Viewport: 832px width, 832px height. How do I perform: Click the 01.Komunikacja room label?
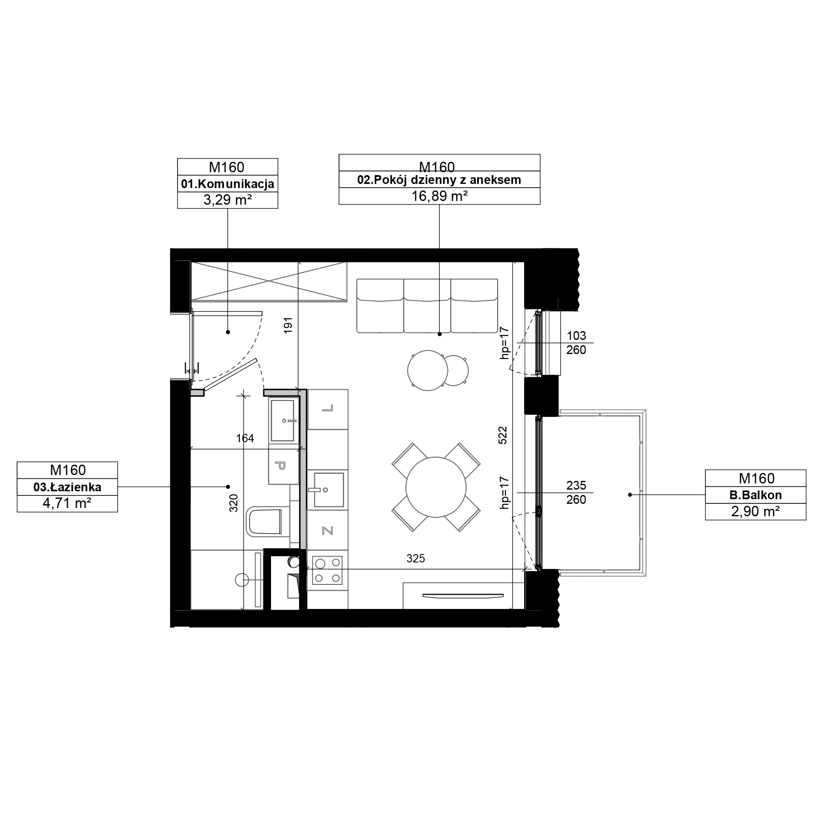pyautogui.click(x=228, y=184)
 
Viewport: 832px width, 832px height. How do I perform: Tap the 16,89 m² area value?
pyautogui.click(x=439, y=196)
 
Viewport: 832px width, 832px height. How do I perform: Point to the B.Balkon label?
pyautogui.click(x=755, y=495)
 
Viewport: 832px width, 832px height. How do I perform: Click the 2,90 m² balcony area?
pyautogui.click(x=755, y=512)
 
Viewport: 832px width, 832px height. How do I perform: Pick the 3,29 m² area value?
pyautogui.click(x=228, y=200)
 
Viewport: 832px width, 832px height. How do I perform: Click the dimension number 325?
pyautogui.click(x=416, y=559)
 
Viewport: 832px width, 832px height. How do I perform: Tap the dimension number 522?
pyautogui.click(x=503, y=435)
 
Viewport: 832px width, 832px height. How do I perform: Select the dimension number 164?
pyautogui.click(x=245, y=438)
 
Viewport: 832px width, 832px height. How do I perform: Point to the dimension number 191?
pyautogui.click(x=288, y=325)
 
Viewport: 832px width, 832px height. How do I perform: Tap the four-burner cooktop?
pyautogui.click(x=327, y=570)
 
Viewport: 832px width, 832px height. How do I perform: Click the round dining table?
pyautogui.click(x=436, y=487)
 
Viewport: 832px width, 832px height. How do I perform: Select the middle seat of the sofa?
pyautogui.click(x=427, y=306)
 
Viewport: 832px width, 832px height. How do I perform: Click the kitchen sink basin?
pyautogui.click(x=329, y=490)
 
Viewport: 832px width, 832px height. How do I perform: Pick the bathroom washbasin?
pyautogui.click(x=282, y=421)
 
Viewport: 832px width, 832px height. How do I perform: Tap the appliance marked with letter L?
pyautogui.click(x=328, y=409)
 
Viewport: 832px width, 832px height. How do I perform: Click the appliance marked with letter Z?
pyautogui.click(x=328, y=530)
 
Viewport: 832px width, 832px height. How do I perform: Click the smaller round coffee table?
pyautogui.click(x=454, y=370)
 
